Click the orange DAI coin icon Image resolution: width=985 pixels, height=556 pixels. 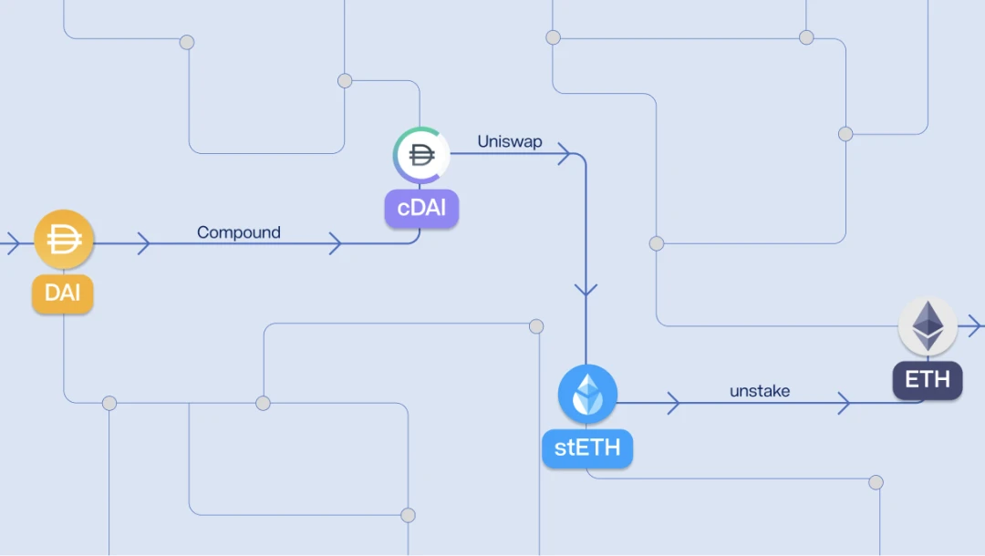point(64,240)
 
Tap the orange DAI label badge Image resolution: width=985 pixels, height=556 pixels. point(63,293)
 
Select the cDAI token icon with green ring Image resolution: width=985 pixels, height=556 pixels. point(420,156)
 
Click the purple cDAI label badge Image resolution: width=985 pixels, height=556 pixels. point(421,209)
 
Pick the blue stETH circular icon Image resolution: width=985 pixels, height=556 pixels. point(587,394)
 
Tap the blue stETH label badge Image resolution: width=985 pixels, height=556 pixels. point(587,448)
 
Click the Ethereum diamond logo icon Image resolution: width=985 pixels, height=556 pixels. point(928,325)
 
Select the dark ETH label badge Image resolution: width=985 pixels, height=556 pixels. point(927,378)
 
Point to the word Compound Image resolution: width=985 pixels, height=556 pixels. point(239,232)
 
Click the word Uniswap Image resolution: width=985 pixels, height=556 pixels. point(510,142)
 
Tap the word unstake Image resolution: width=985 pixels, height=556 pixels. point(760,391)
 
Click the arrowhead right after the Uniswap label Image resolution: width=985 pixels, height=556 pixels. point(565,153)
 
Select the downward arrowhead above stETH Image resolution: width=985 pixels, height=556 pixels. point(586,291)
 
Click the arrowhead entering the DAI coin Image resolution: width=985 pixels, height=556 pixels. point(13,243)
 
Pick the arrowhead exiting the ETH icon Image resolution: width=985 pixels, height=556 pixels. point(974,325)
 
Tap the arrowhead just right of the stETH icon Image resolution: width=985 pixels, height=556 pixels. point(673,403)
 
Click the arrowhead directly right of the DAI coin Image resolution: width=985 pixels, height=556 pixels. point(143,243)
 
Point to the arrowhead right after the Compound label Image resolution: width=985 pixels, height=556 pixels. point(335,243)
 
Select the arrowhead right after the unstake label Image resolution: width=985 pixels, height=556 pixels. point(844,403)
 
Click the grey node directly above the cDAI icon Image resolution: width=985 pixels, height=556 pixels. point(345,81)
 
